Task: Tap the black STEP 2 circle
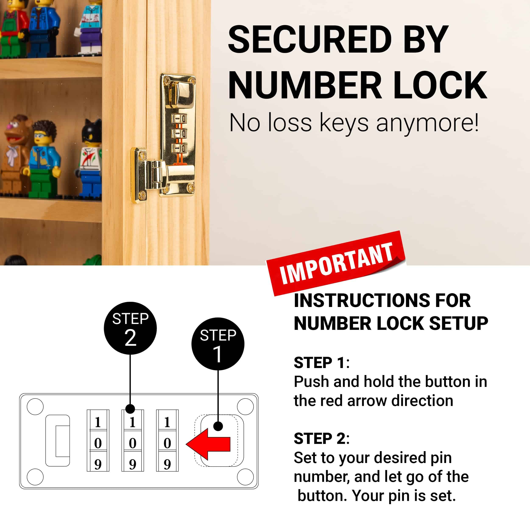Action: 130,328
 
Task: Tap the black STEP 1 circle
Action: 218,344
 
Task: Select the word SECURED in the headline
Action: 310,40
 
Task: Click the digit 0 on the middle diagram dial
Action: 133,443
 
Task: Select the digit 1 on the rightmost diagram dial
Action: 167,422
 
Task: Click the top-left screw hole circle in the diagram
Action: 35,407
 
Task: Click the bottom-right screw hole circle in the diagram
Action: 245,477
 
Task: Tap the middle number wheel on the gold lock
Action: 179,134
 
